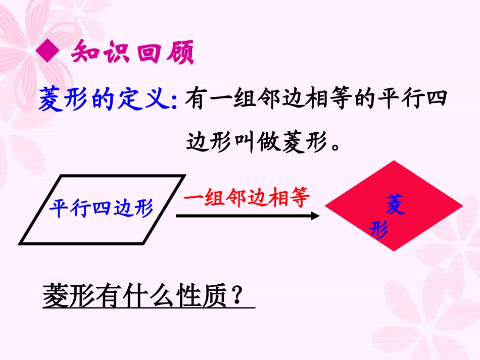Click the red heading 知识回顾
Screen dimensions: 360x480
point(133,53)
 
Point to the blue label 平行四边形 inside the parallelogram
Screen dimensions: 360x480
point(101,208)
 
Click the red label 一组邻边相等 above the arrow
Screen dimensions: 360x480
point(246,197)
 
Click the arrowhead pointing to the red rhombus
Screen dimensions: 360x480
point(315,216)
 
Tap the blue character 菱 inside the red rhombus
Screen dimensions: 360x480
point(395,206)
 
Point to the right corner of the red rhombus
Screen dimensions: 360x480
point(461,207)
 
